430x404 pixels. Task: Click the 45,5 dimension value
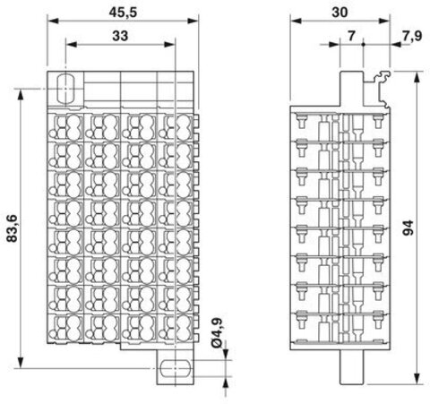(x=123, y=13)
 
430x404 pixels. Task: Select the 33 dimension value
(x=120, y=36)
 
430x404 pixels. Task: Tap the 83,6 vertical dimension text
(x=13, y=228)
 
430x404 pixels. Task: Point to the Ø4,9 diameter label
(x=217, y=332)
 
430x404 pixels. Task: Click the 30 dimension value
(x=340, y=13)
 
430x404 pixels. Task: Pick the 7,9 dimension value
(x=412, y=36)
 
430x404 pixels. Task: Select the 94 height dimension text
(x=408, y=228)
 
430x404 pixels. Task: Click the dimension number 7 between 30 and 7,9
(x=351, y=36)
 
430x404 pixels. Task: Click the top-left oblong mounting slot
(x=65, y=89)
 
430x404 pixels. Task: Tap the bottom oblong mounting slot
(x=175, y=368)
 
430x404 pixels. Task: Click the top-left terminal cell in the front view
(x=65, y=126)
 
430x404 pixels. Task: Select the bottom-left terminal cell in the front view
(x=65, y=329)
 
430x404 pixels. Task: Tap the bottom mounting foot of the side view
(x=351, y=367)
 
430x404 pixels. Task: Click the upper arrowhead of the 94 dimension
(x=417, y=76)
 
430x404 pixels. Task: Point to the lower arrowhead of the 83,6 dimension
(x=21, y=363)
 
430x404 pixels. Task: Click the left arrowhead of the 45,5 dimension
(x=53, y=21)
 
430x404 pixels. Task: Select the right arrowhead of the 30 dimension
(x=384, y=21)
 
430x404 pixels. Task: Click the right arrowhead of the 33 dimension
(x=169, y=45)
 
